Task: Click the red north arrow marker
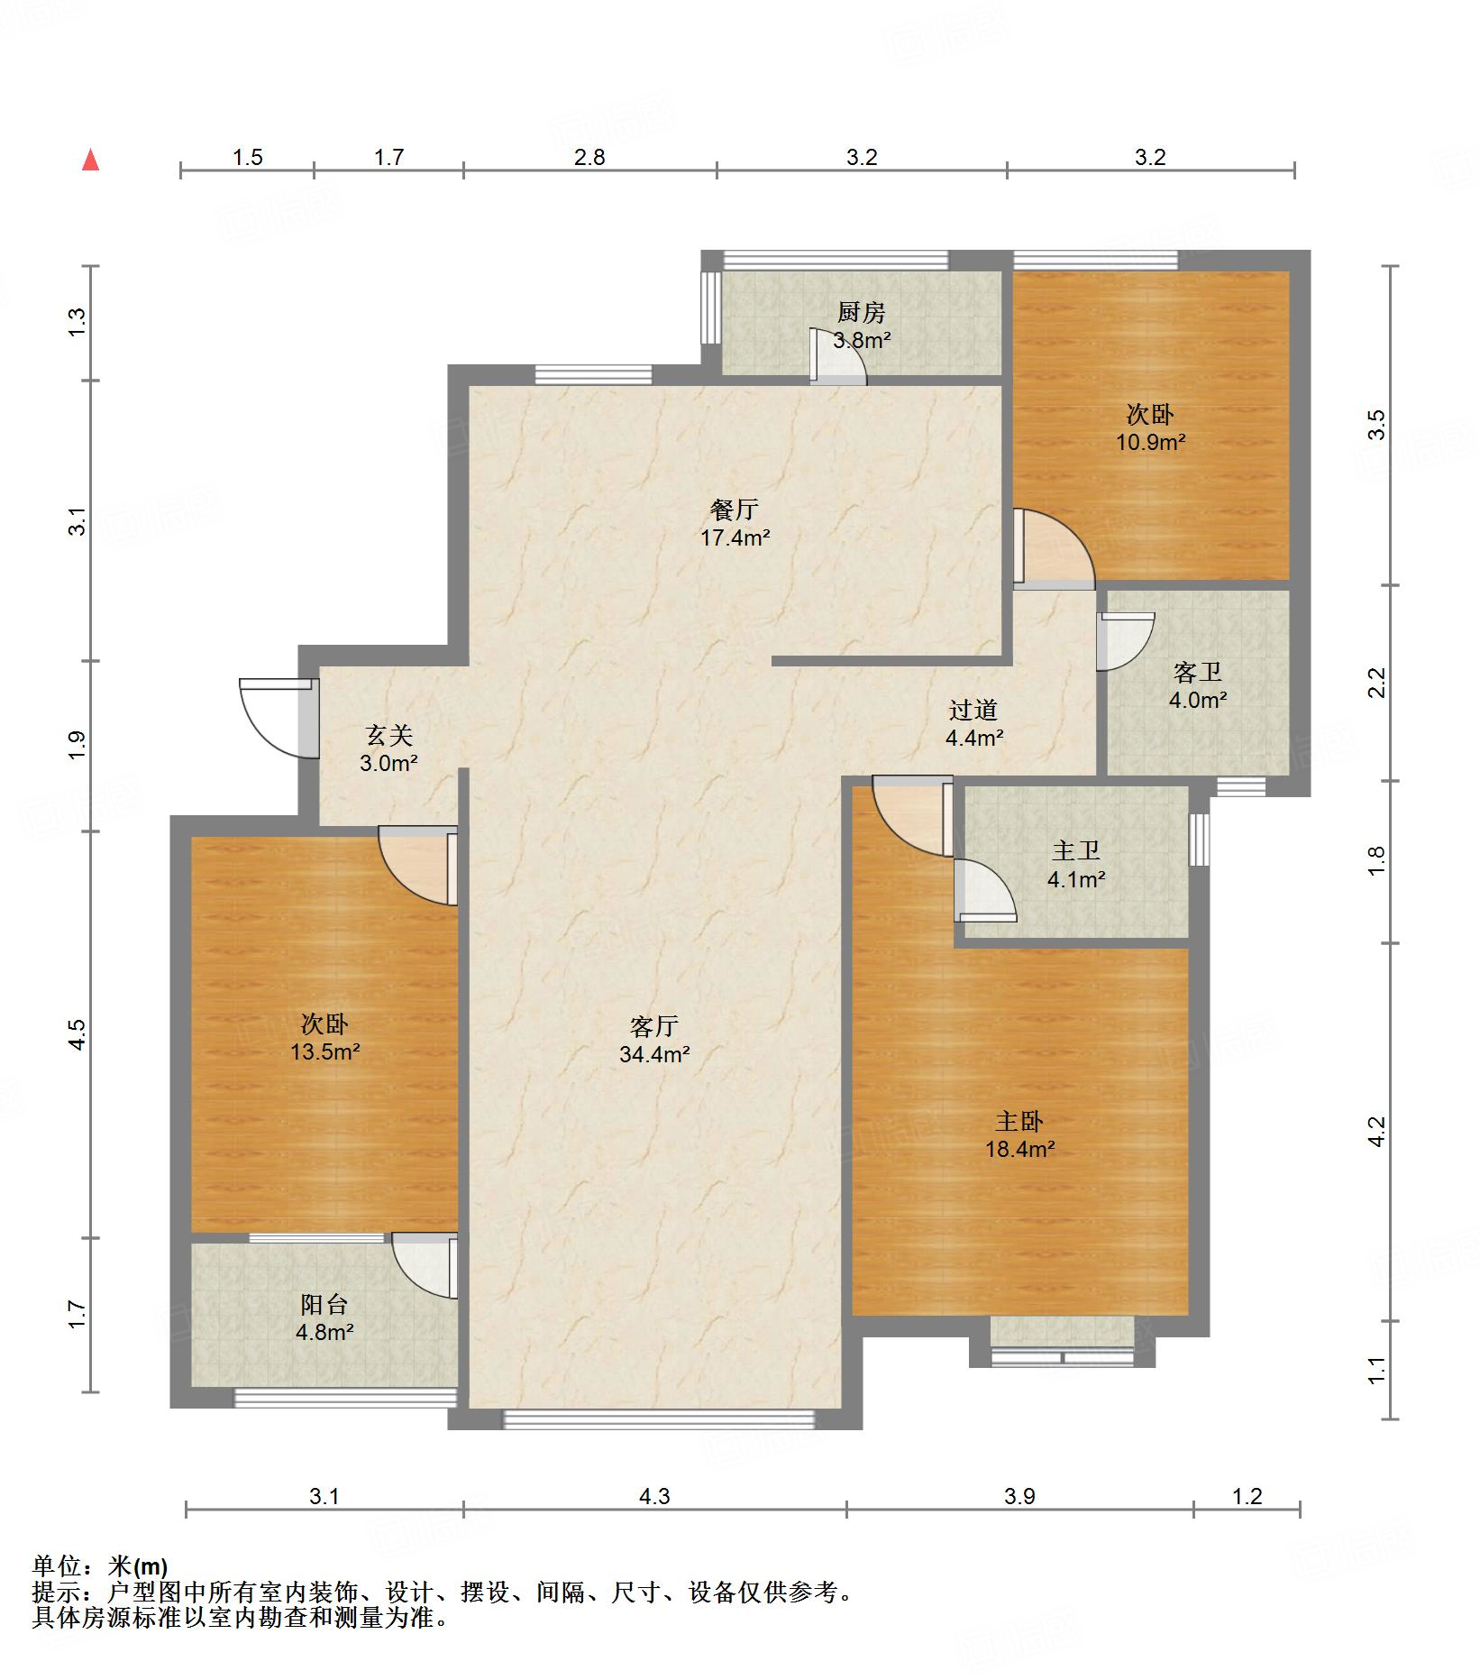90,160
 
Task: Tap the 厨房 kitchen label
862,313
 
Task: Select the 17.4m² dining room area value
735,538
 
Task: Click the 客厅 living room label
654,1026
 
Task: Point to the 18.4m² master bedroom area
1019,1149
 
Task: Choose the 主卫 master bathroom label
1076,850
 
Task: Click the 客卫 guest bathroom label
1198,672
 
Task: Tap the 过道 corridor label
973,710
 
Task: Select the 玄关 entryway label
389,736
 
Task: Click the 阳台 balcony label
324,1304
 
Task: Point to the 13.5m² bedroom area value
325,1051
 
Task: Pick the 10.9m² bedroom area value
1150,442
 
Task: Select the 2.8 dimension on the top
589,157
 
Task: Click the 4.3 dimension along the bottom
654,1496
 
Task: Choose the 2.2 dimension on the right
1376,683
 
